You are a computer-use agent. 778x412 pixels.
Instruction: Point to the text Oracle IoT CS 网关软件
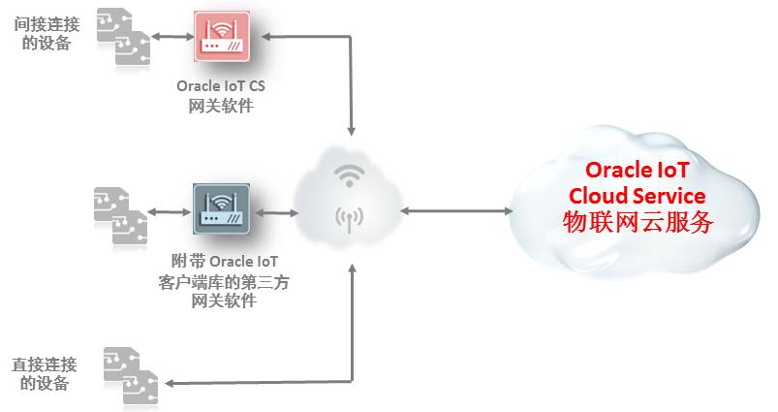click(x=221, y=96)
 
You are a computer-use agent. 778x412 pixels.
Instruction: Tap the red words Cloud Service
click(x=637, y=196)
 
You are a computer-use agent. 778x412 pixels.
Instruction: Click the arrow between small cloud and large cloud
click(x=455, y=209)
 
